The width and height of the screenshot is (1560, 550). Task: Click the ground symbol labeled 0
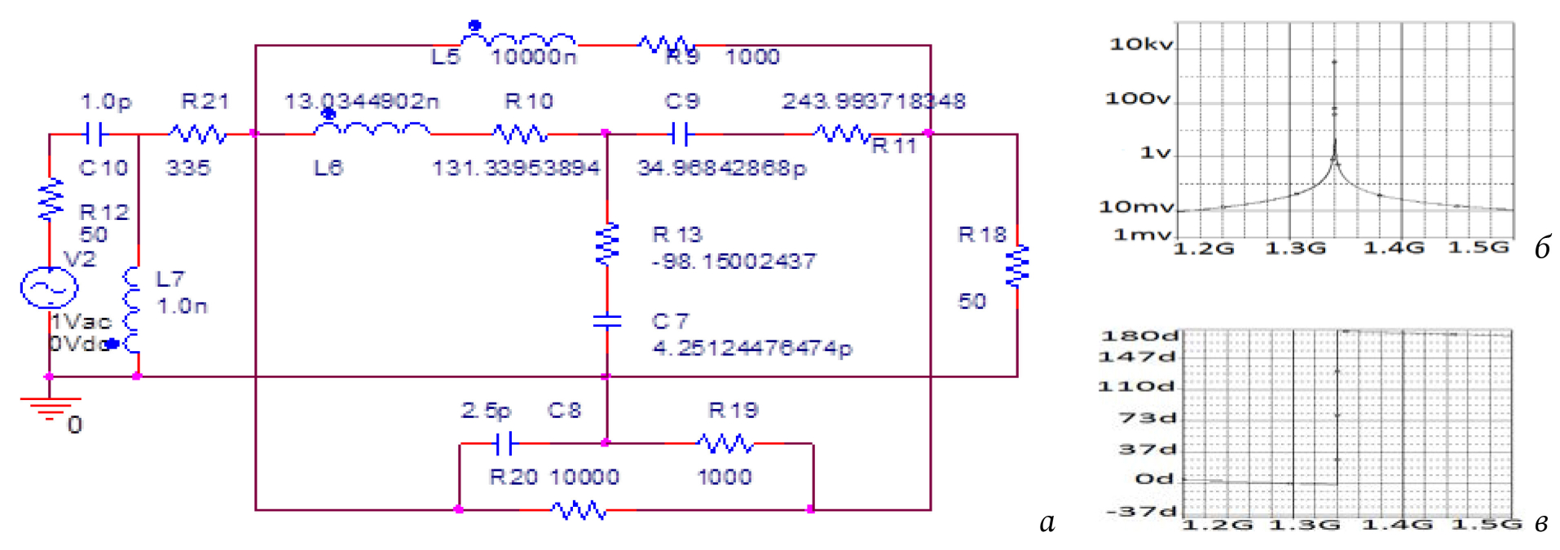[x=50, y=408]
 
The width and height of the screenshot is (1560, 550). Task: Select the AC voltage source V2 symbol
[x=49, y=288]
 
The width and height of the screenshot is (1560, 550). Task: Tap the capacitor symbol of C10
[x=94, y=134]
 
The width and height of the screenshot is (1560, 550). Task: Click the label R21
[x=205, y=101]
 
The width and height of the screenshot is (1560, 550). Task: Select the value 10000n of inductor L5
[x=534, y=57]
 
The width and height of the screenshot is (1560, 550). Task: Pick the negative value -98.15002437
[x=734, y=262]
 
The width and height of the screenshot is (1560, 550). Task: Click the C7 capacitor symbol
[x=607, y=321]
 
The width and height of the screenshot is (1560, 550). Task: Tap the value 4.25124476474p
[x=752, y=349]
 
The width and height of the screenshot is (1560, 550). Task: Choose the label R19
[x=733, y=410]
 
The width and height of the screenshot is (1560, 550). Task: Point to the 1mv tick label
[x=1143, y=235]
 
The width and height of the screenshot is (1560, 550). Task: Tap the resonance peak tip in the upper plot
[x=1334, y=62]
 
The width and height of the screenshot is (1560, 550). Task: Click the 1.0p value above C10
[x=106, y=102]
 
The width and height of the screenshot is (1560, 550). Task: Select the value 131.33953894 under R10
[x=516, y=168]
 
